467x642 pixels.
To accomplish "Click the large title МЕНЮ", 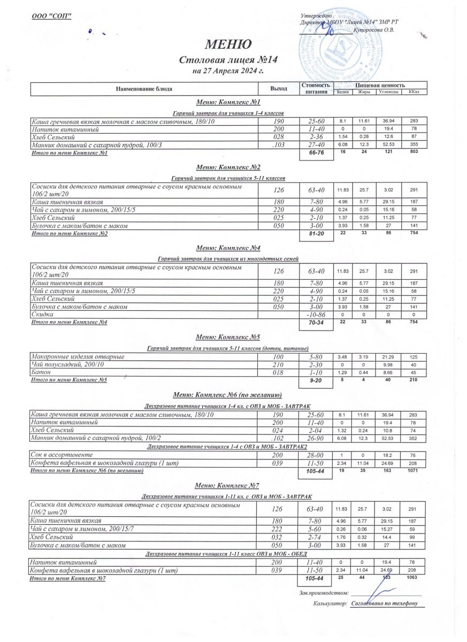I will coord(228,44).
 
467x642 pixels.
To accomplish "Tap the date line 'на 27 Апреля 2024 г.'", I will coord(228,70).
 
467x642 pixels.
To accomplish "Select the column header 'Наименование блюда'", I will coord(144,89).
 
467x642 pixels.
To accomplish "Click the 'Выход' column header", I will coord(279,89).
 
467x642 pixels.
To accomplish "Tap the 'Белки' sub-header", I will coord(343,92).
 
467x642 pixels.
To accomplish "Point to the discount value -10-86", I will coord(316,315).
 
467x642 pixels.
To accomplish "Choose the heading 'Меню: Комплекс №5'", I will coord(228,338).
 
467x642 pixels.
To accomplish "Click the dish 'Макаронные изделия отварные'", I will coord(78,356).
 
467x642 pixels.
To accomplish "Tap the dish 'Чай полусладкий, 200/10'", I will coord(67,364).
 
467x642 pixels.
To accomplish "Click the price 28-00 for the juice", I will coord(316,455).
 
